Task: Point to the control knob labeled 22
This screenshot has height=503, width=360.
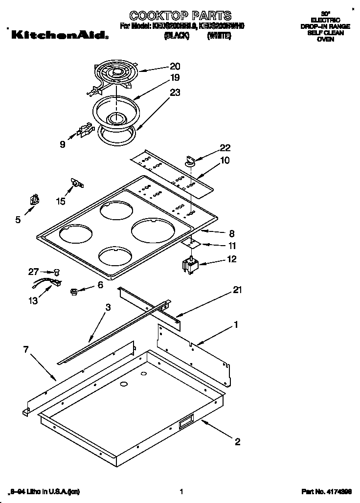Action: (x=190, y=159)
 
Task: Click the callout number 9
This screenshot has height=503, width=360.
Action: (x=62, y=144)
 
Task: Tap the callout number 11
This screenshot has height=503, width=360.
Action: (x=232, y=246)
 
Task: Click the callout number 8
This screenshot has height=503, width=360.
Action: (x=232, y=233)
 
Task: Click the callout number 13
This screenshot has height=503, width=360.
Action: (x=33, y=301)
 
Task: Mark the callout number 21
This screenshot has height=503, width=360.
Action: (x=237, y=290)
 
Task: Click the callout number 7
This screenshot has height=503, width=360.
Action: (x=26, y=349)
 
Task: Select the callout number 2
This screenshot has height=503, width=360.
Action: (x=237, y=442)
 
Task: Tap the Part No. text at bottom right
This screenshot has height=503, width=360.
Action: (x=326, y=491)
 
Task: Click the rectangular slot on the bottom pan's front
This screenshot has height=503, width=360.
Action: (x=186, y=422)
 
